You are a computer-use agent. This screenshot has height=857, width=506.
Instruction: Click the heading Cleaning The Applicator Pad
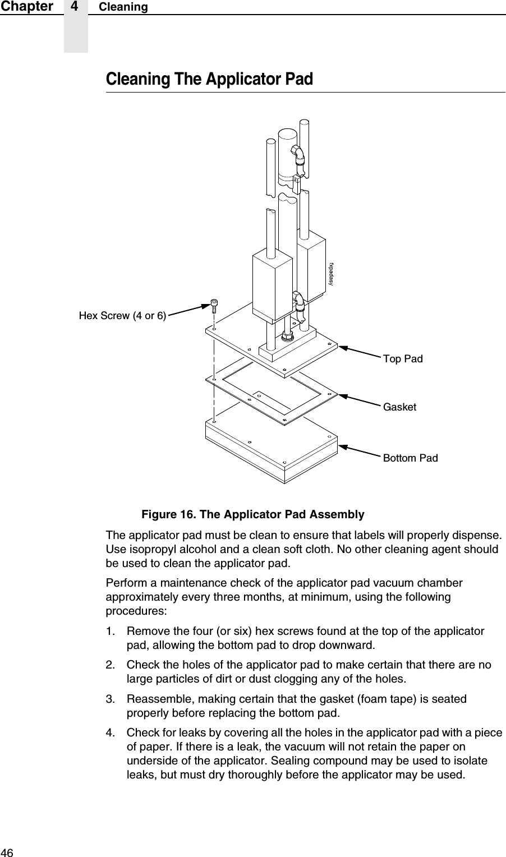coord(209,79)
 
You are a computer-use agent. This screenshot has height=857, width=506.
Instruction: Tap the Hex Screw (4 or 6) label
coord(122,316)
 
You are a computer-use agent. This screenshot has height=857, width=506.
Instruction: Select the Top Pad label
coord(402,359)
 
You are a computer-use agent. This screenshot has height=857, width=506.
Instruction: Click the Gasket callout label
coord(399,407)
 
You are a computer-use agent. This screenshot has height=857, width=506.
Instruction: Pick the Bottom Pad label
coord(410,458)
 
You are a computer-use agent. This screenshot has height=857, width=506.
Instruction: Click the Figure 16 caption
coord(252,514)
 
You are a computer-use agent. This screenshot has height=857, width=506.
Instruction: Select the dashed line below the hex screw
coord(214,370)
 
